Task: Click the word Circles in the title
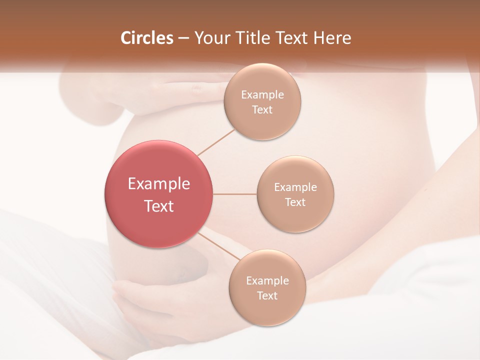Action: [x=147, y=38]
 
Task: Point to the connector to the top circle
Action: [x=215, y=142]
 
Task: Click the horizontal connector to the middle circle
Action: [x=235, y=194]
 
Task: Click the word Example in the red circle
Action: [x=159, y=184]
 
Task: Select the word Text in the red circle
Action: [x=159, y=206]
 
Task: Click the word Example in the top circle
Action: [x=262, y=95]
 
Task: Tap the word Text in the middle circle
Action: [x=295, y=202]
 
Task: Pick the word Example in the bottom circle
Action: [x=267, y=280]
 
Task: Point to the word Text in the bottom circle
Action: [x=267, y=295]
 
